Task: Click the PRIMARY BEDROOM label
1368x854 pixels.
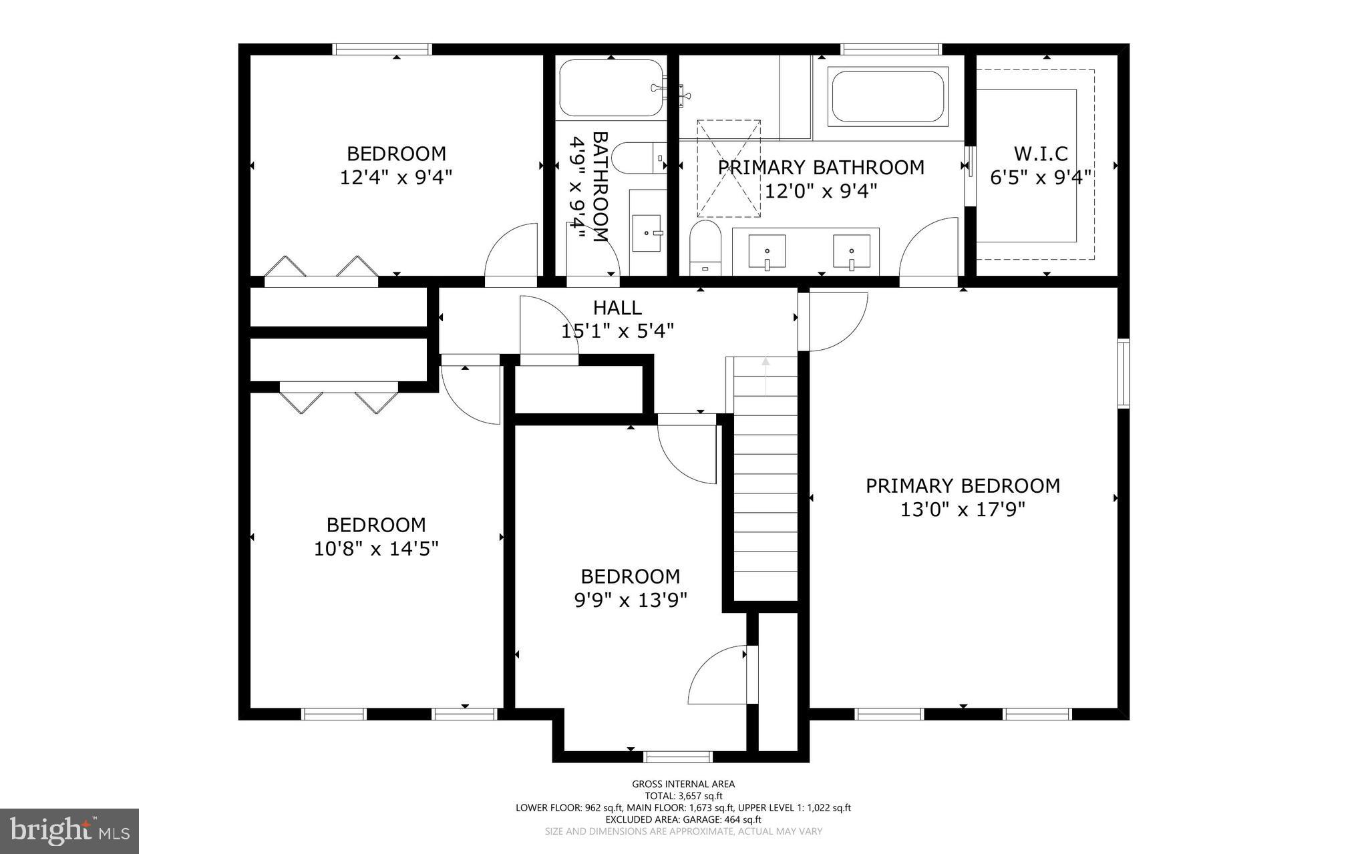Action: click(963, 486)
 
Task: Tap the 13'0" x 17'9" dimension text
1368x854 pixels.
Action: click(963, 510)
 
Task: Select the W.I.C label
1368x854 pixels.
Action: click(1041, 154)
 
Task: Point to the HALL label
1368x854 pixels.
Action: click(617, 308)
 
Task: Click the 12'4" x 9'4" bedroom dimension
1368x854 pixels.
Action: click(396, 178)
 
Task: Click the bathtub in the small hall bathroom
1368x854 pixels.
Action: click(611, 88)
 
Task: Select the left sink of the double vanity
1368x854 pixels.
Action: click(766, 251)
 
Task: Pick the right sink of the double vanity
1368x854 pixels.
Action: click(852, 251)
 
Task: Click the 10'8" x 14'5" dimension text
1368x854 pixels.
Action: click(376, 549)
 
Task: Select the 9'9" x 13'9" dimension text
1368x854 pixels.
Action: click(631, 600)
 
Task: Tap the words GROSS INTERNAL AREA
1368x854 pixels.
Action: click(683, 785)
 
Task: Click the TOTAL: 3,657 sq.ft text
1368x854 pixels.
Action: click(683, 796)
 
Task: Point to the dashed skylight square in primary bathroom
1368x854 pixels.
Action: click(729, 168)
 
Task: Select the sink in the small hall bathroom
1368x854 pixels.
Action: click(647, 233)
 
